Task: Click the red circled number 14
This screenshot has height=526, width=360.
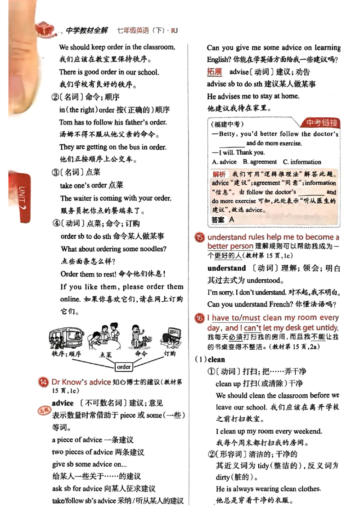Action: tap(44, 382)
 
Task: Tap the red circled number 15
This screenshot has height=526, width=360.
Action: tap(199, 238)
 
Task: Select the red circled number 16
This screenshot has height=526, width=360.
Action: tap(199, 318)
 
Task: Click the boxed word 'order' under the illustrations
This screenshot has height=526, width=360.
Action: tap(123, 366)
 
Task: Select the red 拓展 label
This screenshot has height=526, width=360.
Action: tap(215, 71)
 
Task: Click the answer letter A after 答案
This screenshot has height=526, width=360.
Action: tap(232, 220)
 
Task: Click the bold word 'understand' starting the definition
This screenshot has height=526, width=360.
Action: tap(226, 268)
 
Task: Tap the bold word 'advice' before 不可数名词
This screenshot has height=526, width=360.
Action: tap(63, 403)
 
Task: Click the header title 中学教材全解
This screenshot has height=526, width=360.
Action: tap(87, 31)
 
